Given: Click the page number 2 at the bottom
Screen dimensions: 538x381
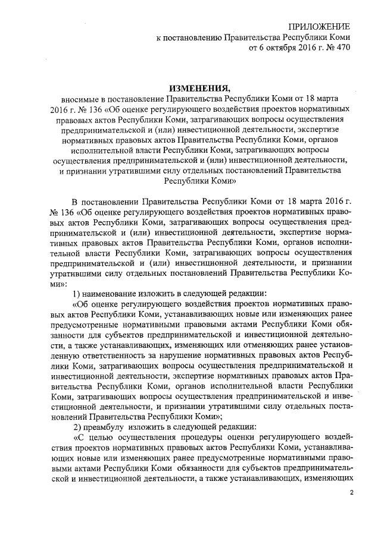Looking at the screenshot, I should [x=352, y=493].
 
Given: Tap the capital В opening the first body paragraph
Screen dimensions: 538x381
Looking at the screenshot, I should [x=74, y=202].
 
